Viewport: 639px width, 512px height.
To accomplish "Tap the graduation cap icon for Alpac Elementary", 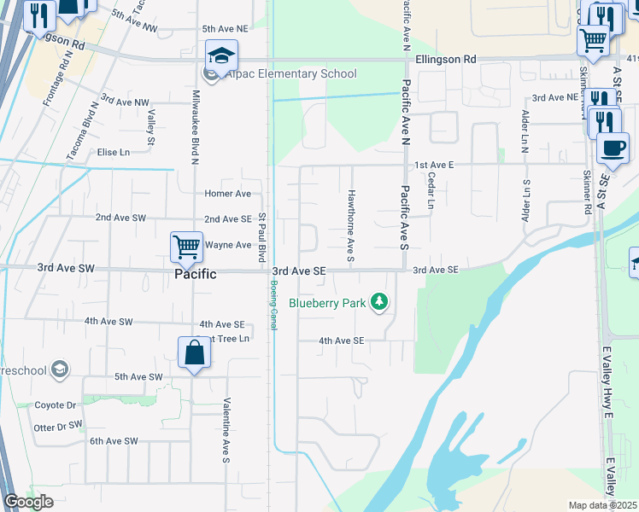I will pos(221,56).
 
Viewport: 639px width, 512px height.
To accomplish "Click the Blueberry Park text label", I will pos(328,302).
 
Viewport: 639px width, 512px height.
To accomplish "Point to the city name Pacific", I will pos(196,274).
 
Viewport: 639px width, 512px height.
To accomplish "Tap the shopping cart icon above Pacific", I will pos(186,247).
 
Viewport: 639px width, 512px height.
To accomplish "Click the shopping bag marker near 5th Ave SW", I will pos(195,353).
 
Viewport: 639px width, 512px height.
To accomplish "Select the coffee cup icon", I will pos(612,148).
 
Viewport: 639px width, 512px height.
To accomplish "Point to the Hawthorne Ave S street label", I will pos(350,214).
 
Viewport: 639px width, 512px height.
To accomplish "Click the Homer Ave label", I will pos(227,194).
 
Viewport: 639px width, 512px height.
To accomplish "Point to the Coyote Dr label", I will pos(56,405).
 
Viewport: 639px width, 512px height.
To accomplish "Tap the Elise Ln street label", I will pos(114,152).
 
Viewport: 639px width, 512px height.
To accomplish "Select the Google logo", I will pos(28,502).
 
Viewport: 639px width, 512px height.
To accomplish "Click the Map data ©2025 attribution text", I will pos(602,505).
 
